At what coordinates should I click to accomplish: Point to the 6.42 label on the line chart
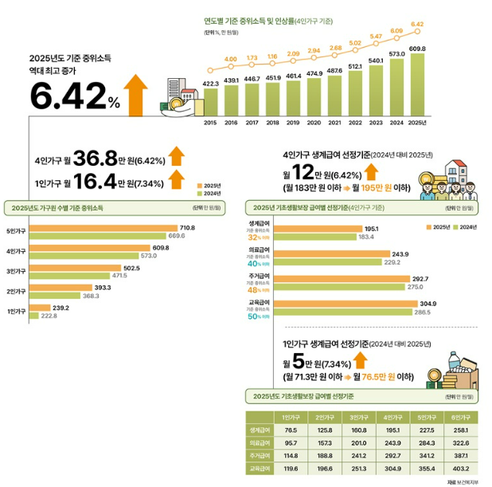coord(417,24)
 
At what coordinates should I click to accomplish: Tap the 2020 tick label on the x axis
coord(314,123)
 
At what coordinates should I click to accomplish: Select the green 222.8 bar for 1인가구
coord(56,316)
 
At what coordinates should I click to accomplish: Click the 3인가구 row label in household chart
coord(16,272)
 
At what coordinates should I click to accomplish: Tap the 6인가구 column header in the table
coord(459,417)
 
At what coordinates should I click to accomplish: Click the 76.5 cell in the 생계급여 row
coord(279,430)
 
